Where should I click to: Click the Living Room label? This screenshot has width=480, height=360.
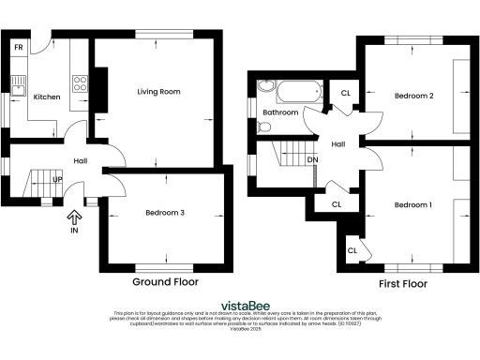point(158,92)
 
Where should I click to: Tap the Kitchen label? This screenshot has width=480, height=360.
point(47,97)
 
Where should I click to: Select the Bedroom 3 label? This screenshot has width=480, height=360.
point(164,213)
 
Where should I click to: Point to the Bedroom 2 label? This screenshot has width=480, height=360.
point(412,96)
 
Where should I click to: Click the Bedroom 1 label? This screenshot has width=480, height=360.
point(412,204)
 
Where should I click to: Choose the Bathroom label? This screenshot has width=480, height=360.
point(280,112)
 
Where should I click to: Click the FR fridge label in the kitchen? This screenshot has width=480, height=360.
point(18,47)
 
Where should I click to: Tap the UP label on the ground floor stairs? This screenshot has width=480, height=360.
point(57,179)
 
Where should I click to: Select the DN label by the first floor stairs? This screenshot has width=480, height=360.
point(312,159)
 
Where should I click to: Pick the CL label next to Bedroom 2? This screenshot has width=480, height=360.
point(346,93)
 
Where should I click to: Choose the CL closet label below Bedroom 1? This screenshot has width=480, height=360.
point(352,250)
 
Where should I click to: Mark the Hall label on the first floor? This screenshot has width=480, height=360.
point(338,143)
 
